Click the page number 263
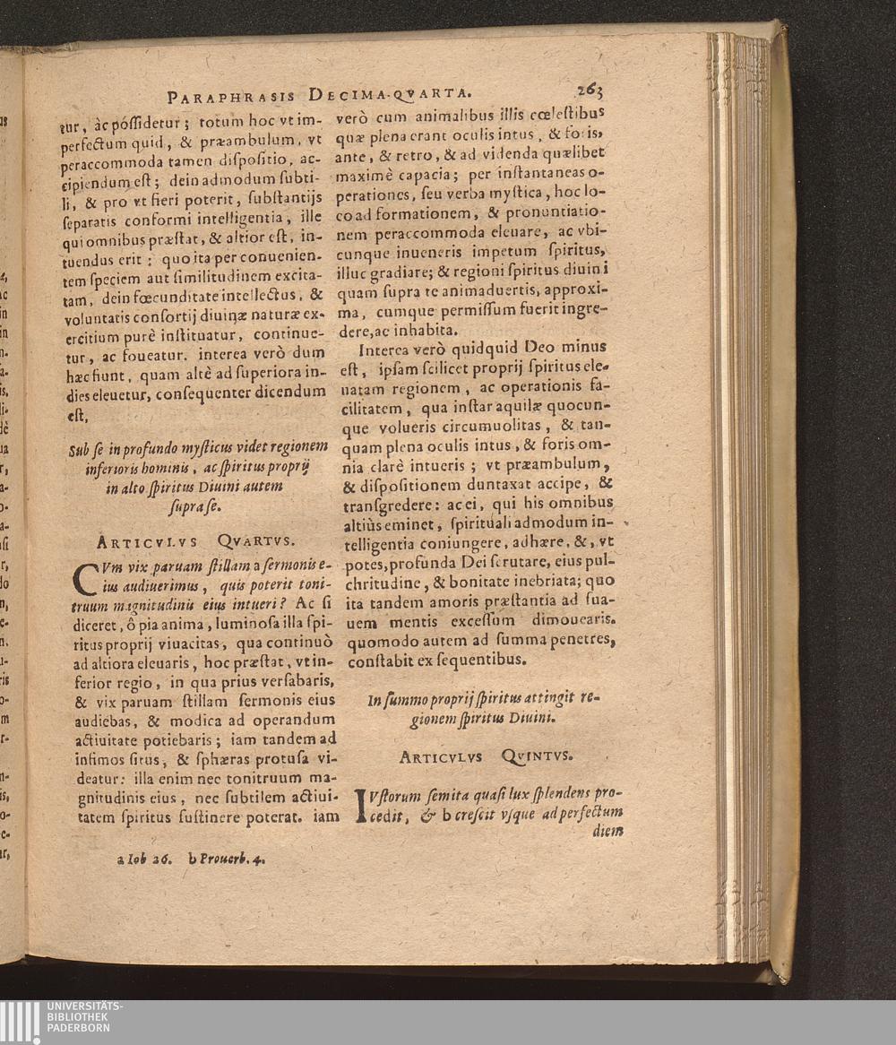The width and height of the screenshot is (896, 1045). click(590, 90)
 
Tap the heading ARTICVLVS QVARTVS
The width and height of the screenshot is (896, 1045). click(195, 540)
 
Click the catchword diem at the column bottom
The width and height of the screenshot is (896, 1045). click(607, 831)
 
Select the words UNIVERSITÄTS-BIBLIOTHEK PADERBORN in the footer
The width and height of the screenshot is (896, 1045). click(84, 1016)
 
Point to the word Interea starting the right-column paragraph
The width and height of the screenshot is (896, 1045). click(389, 348)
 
